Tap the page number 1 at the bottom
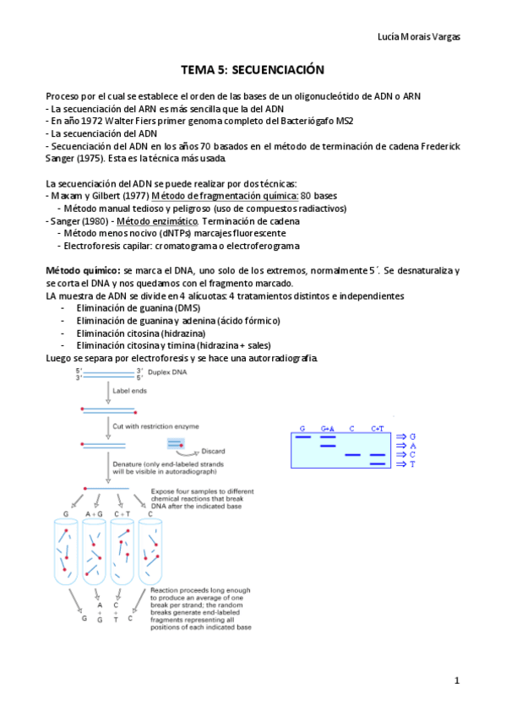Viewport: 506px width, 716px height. [x=457, y=681]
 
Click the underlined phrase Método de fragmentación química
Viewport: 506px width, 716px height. [x=203, y=196]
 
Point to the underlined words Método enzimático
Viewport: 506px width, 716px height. [x=155, y=220]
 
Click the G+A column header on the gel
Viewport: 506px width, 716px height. [x=328, y=429]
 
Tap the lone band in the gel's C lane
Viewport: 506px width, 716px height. [x=353, y=455]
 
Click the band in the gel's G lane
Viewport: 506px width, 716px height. [x=302, y=437]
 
